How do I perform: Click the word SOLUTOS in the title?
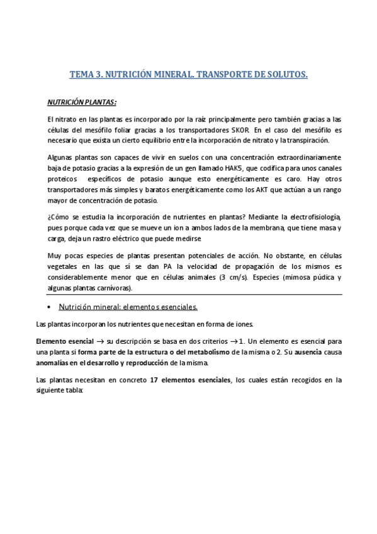[286, 75]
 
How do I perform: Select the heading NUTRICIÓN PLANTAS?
[82, 102]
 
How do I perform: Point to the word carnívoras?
[112, 288]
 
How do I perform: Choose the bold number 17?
[155, 380]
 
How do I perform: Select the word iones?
[240, 324]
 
